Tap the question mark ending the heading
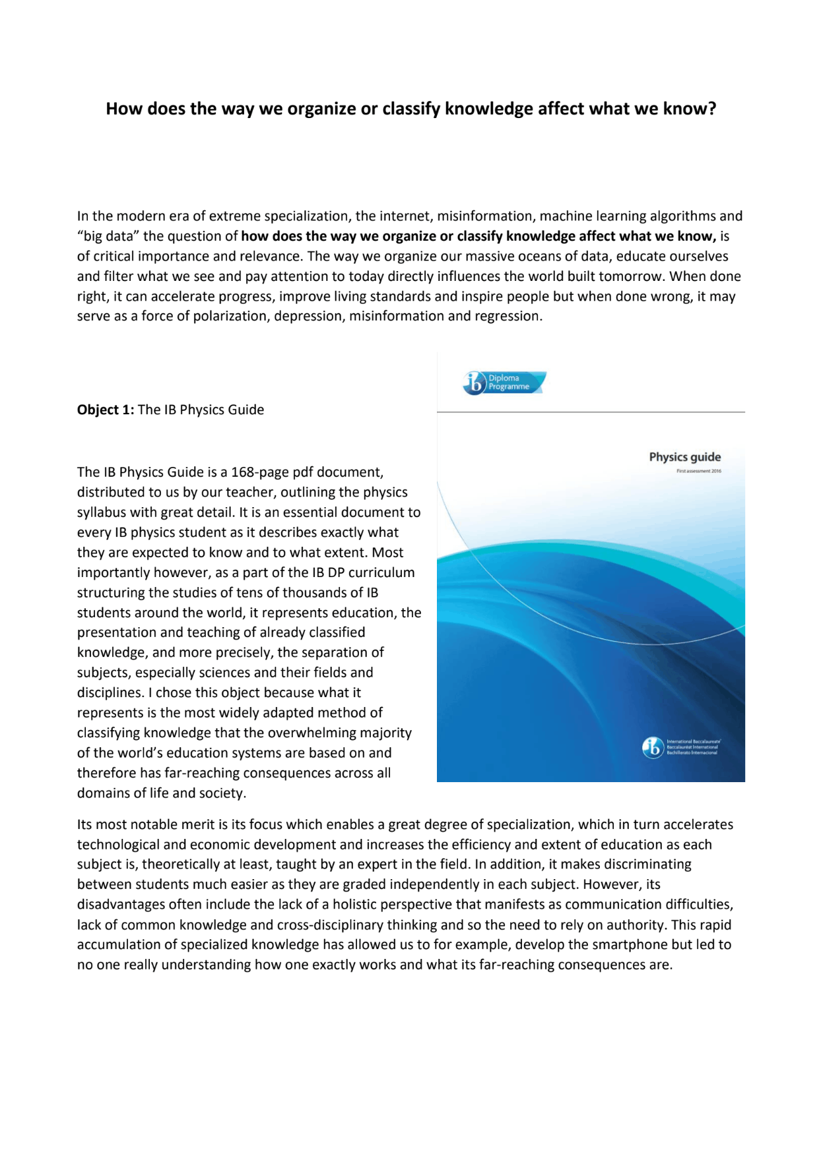(711, 109)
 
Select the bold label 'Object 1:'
(106, 410)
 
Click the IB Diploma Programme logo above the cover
(504, 382)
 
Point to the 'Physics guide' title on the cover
(684, 457)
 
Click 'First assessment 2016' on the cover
(698, 471)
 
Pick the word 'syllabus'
(102, 512)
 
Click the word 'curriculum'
(381, 572)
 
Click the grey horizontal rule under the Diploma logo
(591, 412)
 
